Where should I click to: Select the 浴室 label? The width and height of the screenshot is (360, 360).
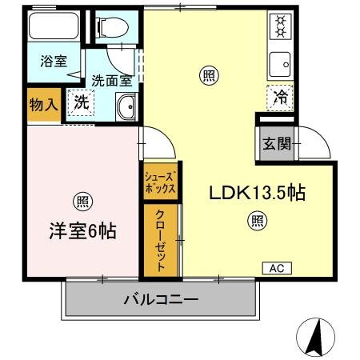pyautogui.click(x=54, y=62)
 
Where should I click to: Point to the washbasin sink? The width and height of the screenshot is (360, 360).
pyautogui.click(x=126, y=106)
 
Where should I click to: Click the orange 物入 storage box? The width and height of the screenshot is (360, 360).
pyautogui.click(x=44, y=104)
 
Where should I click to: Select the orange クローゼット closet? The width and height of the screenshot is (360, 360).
pyautogui.click(x=160, y=241)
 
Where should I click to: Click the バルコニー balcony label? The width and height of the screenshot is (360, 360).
pyautogui.click(x=161, y=301)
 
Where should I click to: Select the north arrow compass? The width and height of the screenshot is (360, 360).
pyautogui.click(x=317, y=336)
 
